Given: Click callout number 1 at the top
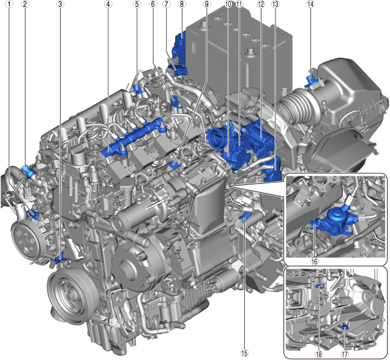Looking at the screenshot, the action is tap(9, 4).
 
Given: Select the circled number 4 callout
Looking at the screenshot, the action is tap(108, 4).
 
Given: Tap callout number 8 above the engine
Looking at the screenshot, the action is tap(182, 4).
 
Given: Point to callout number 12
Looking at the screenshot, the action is tap(261, 4).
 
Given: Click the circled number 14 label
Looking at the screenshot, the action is tap(310, 4).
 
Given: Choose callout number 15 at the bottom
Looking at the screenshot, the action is tap(244, 353).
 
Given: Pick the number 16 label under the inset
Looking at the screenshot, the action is tap(315, 261).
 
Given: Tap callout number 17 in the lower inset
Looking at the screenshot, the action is tap(345, 354).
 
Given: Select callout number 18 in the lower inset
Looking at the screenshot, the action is tap(318, 354).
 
